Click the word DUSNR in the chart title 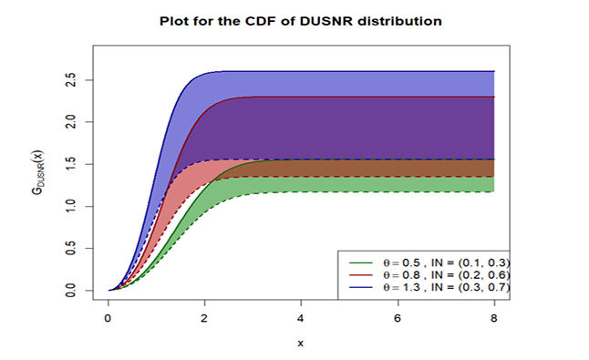click(325, 21)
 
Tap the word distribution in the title click(399, 21)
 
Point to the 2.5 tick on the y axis click(70, 80)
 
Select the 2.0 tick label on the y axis click(70, 122)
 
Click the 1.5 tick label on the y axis click(70, 164)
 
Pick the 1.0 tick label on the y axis click(70, 206)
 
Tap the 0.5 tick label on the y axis click(70, 248)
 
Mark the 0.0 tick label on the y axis click(70, 290)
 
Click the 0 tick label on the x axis click(108, 318)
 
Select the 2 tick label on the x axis click(204, 318)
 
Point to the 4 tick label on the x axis click(301, 318)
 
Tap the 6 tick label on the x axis click(398, 318)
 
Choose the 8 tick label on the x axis click(494, 318)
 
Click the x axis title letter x click(301, 343)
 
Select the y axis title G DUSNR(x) click(37, 172)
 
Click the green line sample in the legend click(361, 262)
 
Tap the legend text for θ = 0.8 click(447, 275)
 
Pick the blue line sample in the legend click(361, 287)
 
